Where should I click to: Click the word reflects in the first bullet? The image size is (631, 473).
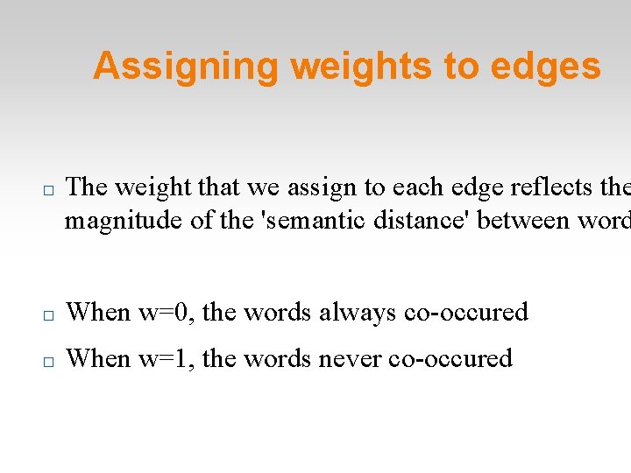(x=549, y=187)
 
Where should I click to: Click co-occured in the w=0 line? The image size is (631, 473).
(x=466, y=312)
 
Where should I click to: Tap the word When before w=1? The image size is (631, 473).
(x=98, y=358)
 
